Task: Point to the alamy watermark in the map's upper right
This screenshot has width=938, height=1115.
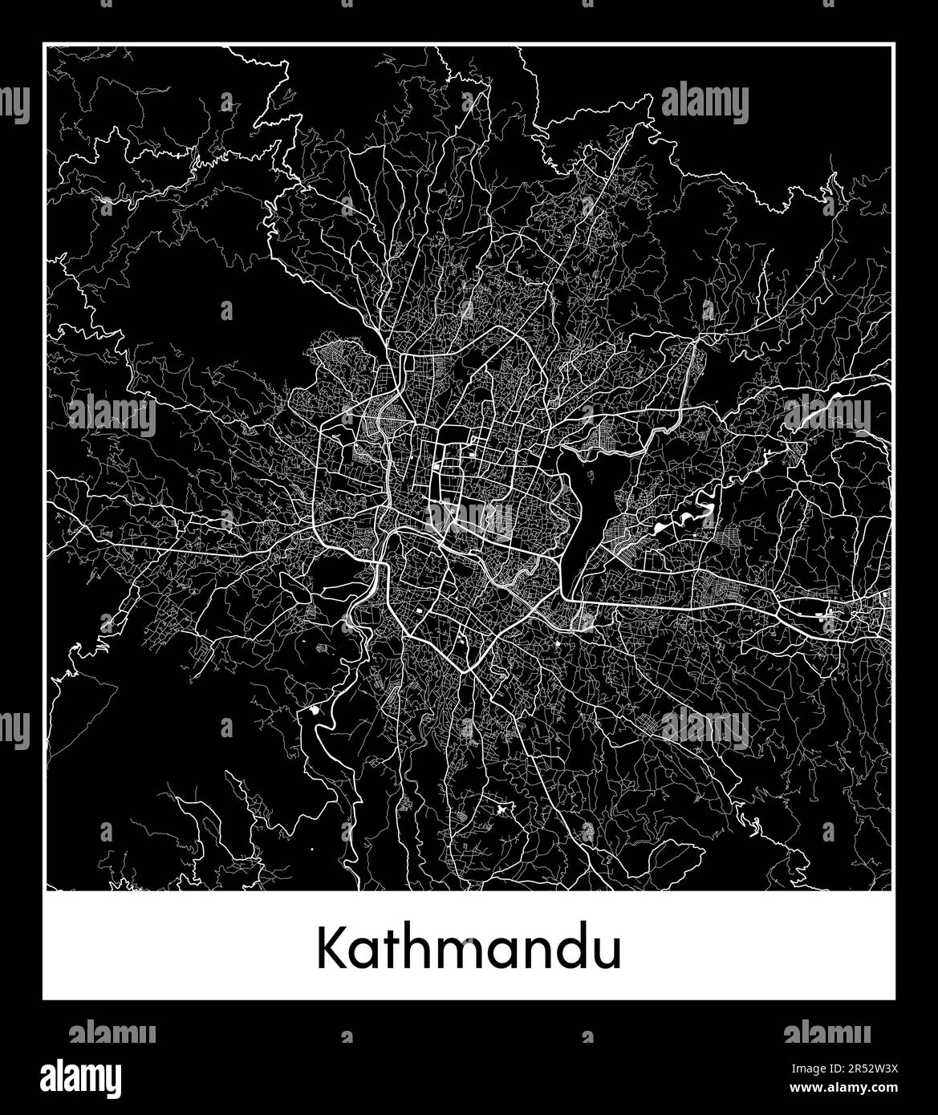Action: click(x=705, y=103)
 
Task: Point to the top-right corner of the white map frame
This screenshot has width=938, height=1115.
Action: click(x=893, y=45)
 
